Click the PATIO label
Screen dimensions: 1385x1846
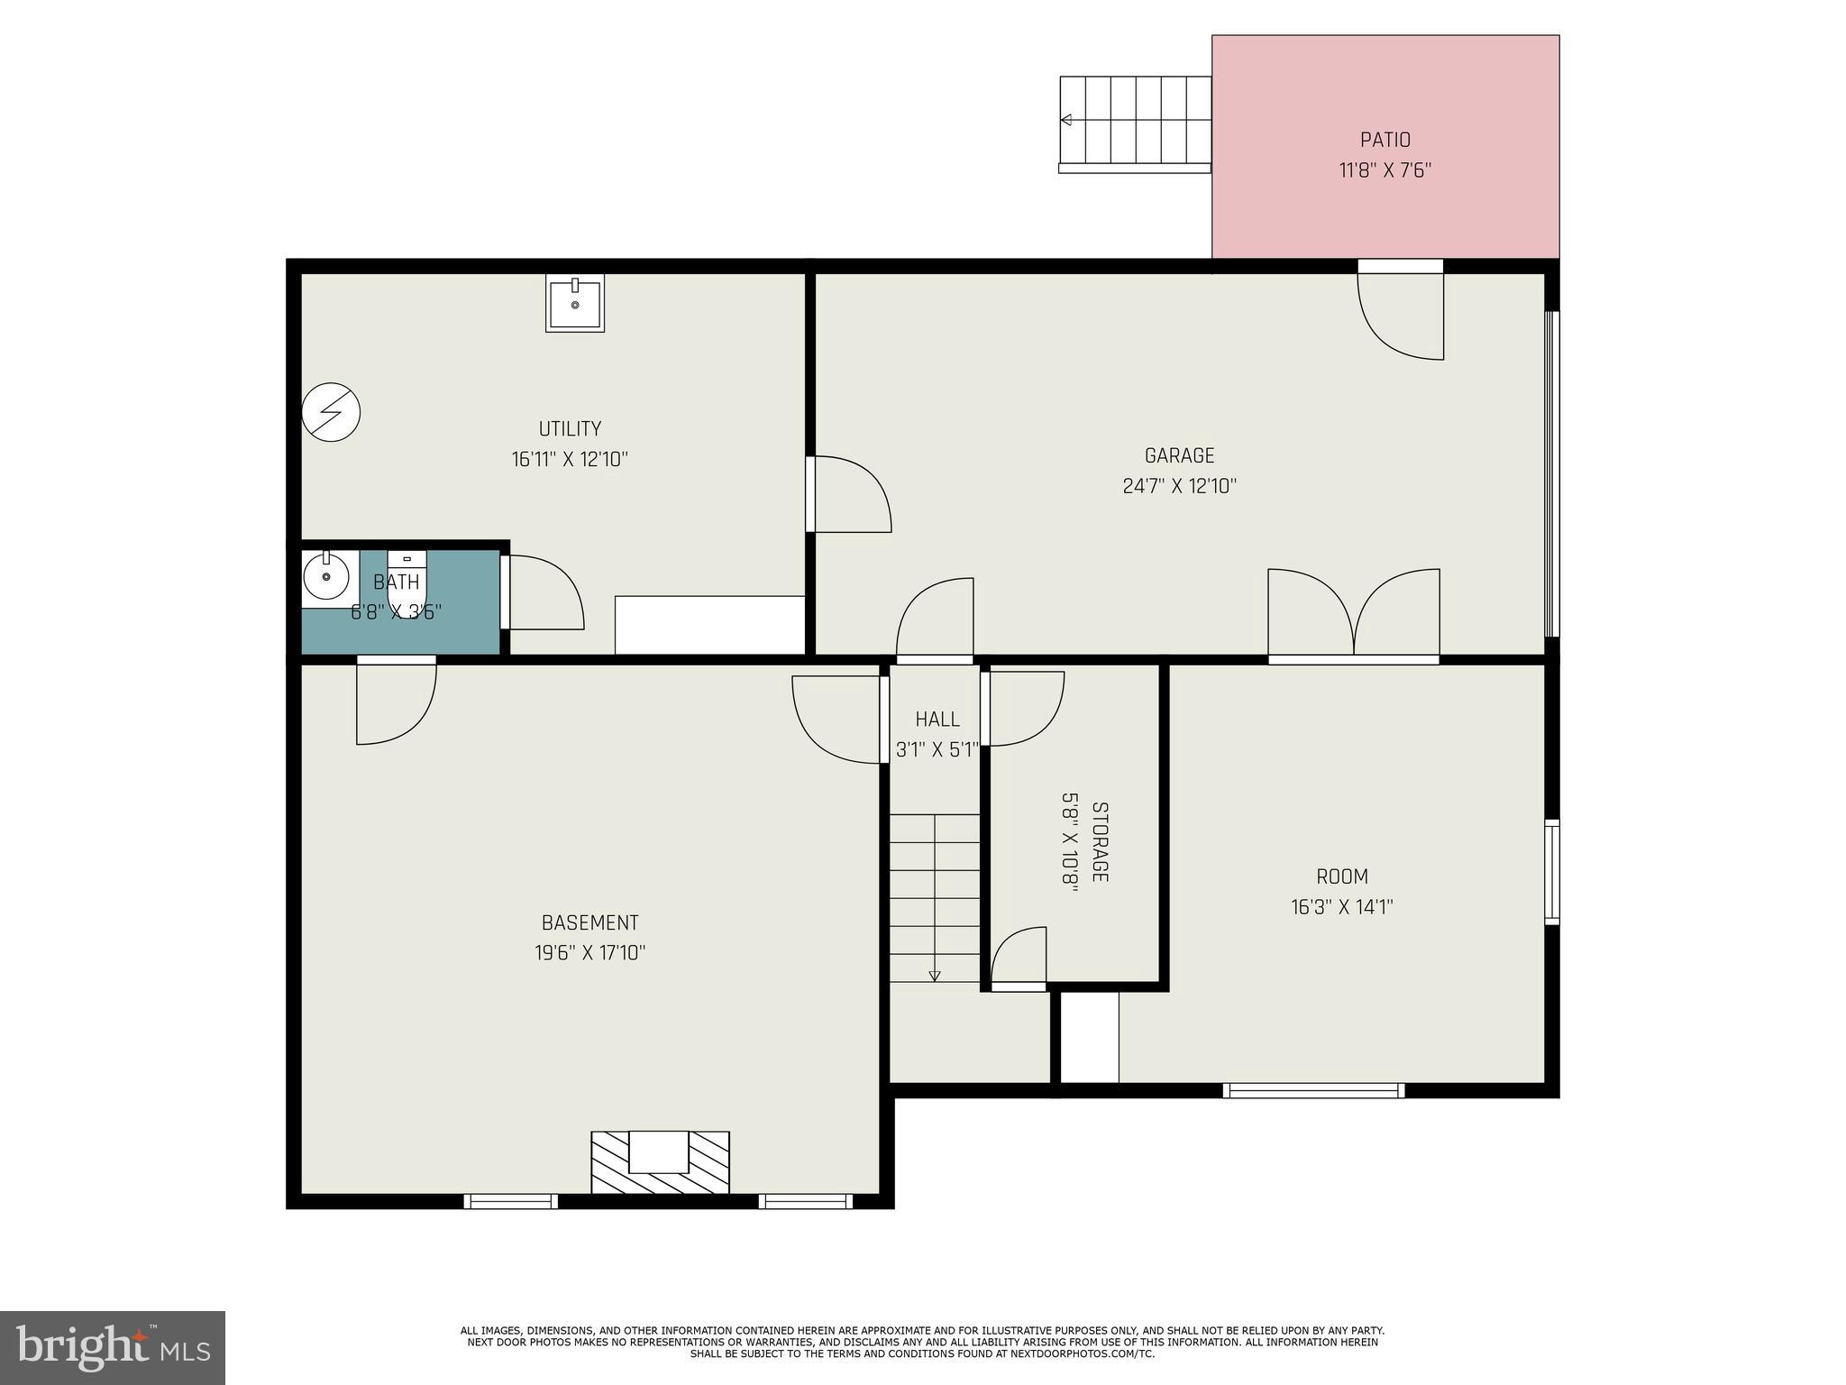click(1384, 140)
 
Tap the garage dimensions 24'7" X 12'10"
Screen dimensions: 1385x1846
click(1179, 486)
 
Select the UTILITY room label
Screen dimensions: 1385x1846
click(570, 428)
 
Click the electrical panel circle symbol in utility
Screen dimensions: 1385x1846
click(331, 413)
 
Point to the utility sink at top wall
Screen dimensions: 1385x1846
click(575, 304)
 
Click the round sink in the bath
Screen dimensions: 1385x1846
click(325, 576)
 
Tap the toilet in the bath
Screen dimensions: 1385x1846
click(407, 582)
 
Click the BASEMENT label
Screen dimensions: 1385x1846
click(589, 922)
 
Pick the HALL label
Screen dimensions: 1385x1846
click(937, 719)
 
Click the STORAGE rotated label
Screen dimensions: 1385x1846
click(1100, 842)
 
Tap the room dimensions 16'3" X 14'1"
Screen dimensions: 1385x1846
click(1341, 907)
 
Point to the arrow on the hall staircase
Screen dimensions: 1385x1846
click(935, 976)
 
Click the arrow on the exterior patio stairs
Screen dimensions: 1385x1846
click(1067, 120)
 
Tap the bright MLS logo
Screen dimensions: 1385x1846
click(112, 1347)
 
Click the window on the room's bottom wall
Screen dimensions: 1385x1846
click(1313, 1090)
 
